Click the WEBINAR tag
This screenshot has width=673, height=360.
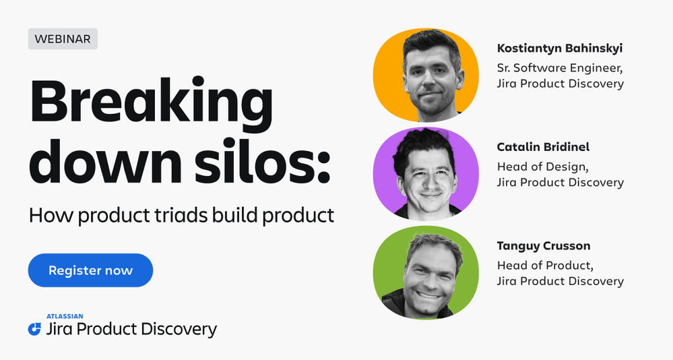[x=63, y=38]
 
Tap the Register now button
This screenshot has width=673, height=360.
[x=90, y=270]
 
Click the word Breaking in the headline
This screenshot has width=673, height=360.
[x=151, y=103]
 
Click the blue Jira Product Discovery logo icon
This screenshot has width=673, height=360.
[x=34, y=329]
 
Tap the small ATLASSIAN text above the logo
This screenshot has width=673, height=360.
[x=65, y=317]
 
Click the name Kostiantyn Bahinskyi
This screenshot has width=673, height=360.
[x=560, y=48]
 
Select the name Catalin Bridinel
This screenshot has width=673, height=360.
[x=543, y=147]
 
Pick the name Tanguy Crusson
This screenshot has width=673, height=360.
[x=544, y=245]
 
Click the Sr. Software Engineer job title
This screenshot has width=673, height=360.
[x=560, y=68]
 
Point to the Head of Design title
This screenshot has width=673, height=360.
[x=542, y=167]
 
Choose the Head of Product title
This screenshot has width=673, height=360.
[x=545, y=266]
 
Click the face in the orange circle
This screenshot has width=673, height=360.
[x=433, y=78]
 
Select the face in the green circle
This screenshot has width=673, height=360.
[x=430, y=275]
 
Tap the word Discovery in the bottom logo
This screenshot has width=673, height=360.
[x=179, y=330]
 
